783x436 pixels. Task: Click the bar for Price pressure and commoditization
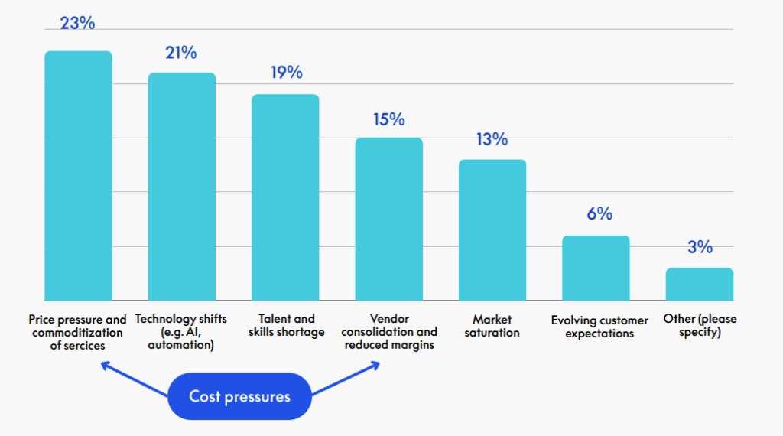(x=78, y=176)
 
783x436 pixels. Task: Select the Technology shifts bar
(x=182, y=187)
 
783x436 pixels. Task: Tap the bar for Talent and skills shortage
(x=285, y=197)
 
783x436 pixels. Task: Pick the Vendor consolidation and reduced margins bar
(x=389, y=219)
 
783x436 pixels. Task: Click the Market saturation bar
(x=492, y=229)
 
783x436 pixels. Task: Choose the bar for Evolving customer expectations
(x=596, y=268)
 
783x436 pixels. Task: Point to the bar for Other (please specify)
(x=699, y=284)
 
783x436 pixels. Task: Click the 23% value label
(x=78, y=23)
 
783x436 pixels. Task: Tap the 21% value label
(x=181, y=53)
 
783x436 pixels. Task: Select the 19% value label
(x=286, y=73)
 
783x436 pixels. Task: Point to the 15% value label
(x=389, y=120)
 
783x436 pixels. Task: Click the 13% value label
(x=492, y=139)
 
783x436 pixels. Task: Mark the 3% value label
(x=700, y=247)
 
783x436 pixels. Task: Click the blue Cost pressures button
(x=239, y=396)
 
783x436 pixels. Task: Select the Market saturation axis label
(x=492, y=326)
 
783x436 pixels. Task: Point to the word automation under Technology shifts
(x=181, y=345)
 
